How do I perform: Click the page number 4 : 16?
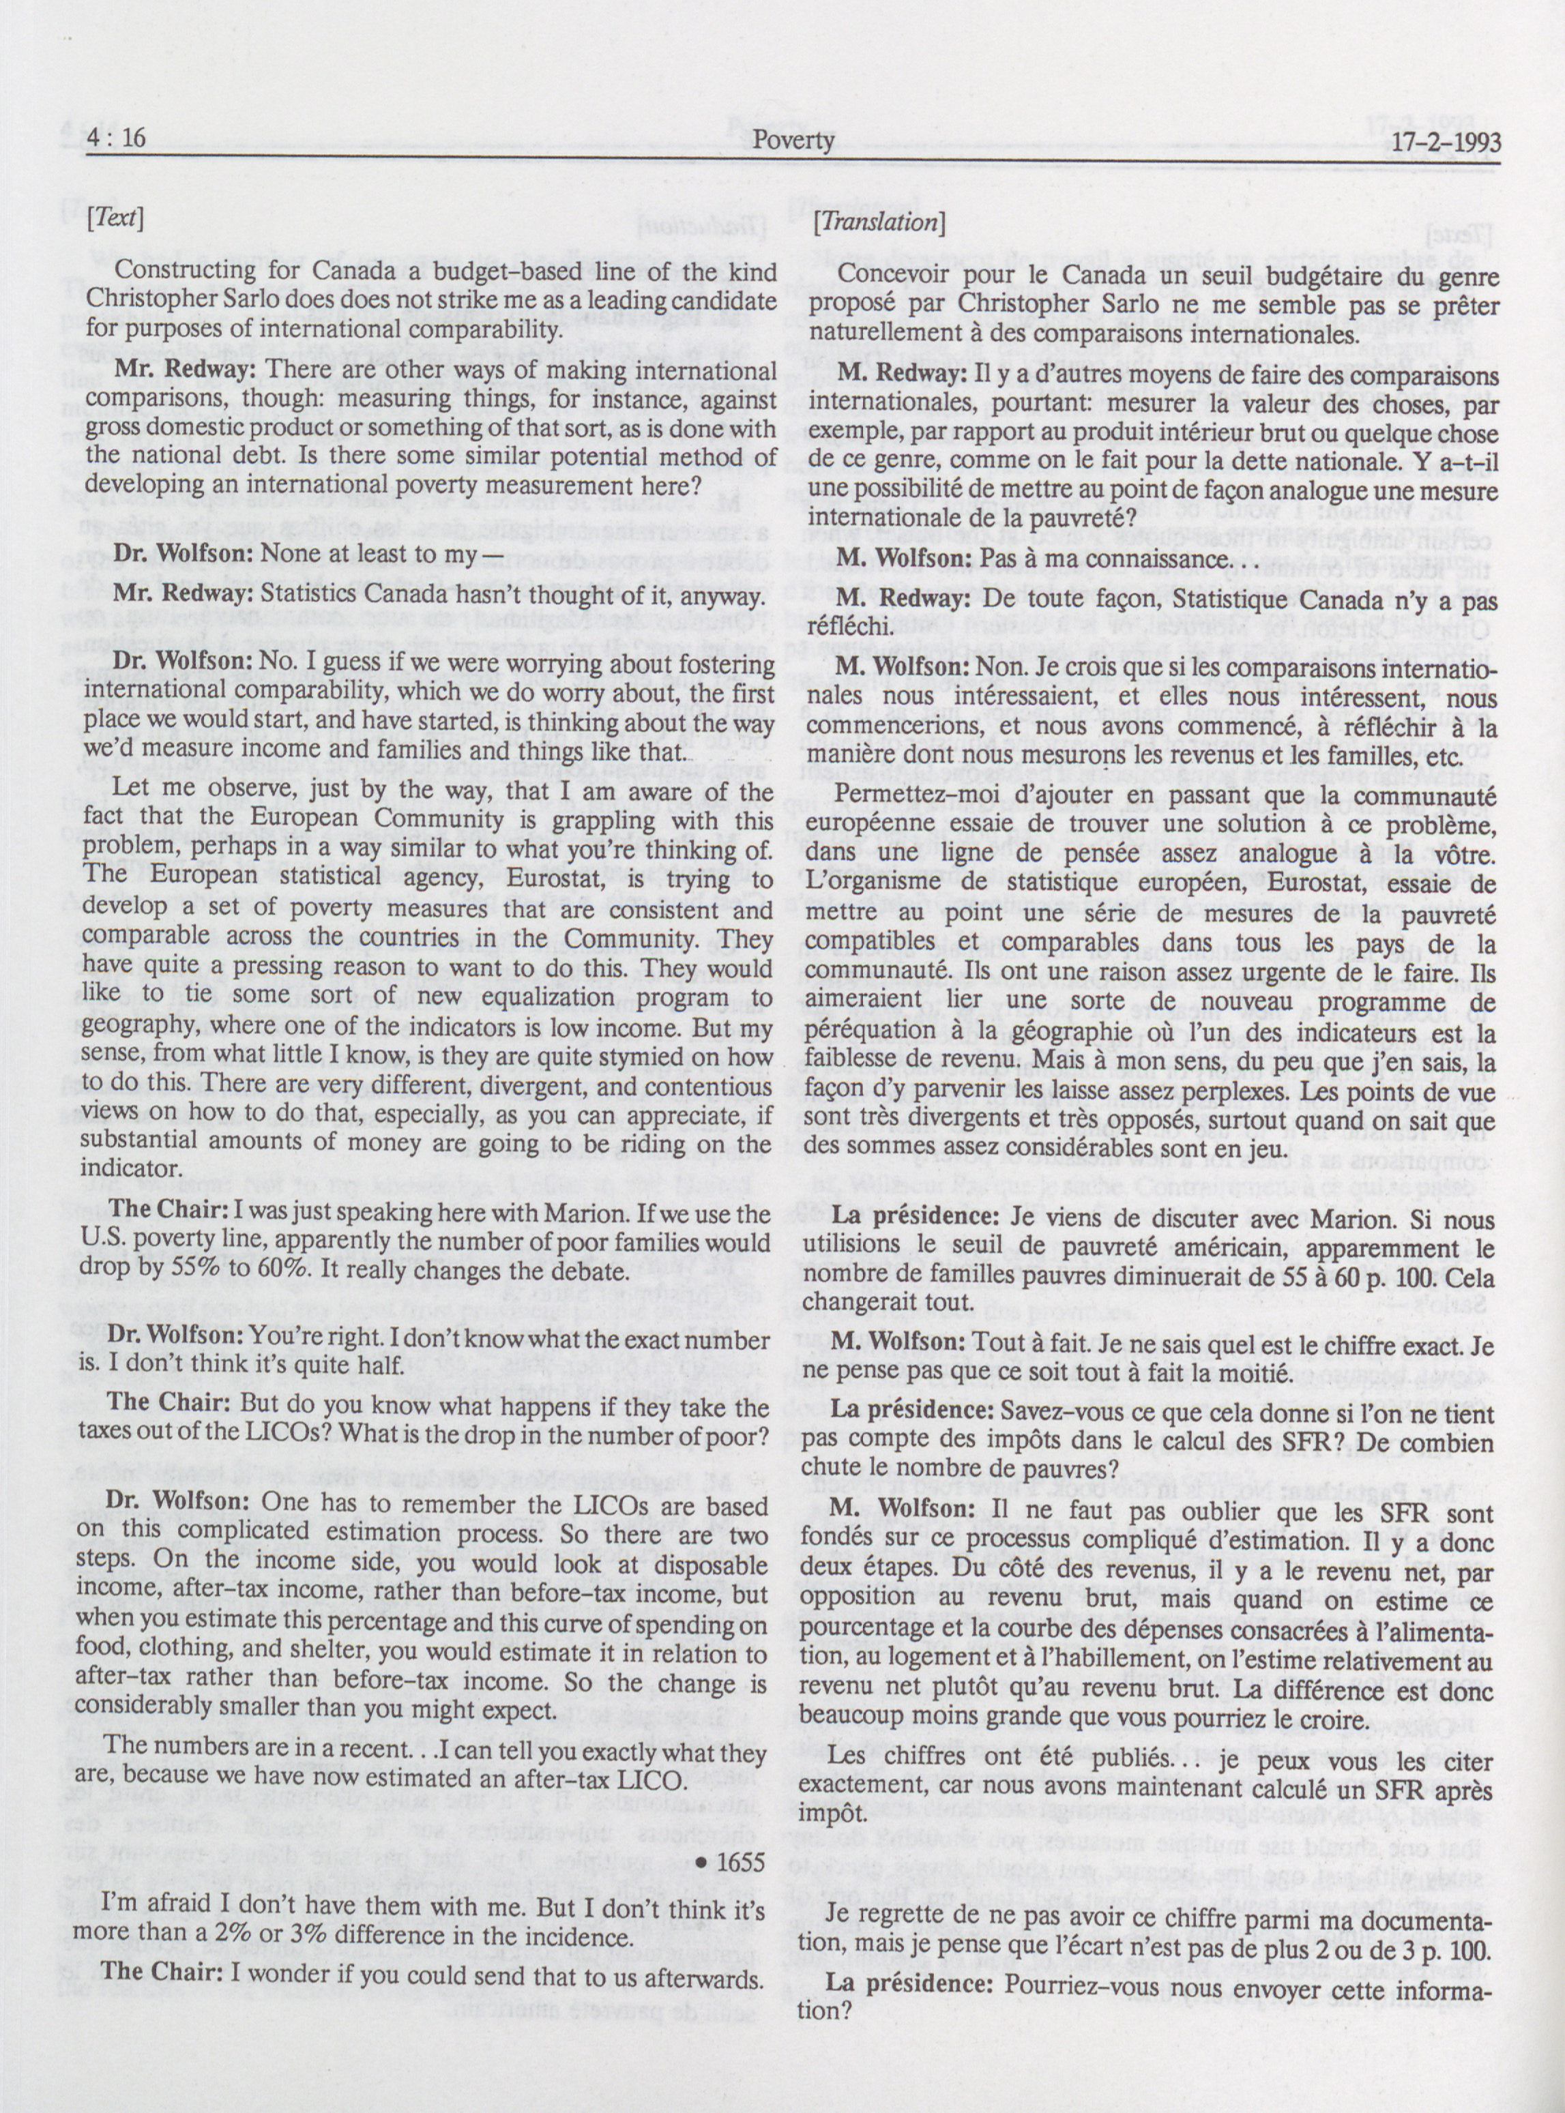pos(115,141)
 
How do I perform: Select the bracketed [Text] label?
pos(115,220)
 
